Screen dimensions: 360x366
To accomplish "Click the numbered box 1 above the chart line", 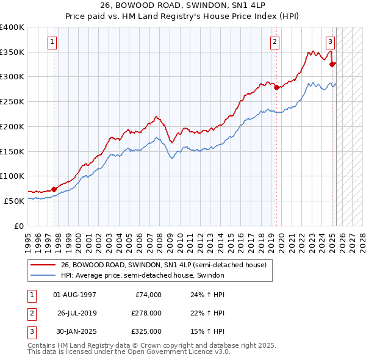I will [53, 42].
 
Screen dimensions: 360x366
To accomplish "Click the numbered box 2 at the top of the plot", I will [275, 42].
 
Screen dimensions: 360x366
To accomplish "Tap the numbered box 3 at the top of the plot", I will [330, 42].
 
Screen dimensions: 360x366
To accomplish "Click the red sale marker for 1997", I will [54, 189].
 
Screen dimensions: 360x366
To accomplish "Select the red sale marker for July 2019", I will [276, 87].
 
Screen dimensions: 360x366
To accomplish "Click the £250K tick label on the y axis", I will [12, 101].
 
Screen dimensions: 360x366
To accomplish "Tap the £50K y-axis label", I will [15, 200].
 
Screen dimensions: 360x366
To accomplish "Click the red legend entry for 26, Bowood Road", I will [163, 265].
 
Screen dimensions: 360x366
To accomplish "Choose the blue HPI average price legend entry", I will [143, 275].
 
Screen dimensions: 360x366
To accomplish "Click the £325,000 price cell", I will [146, 331].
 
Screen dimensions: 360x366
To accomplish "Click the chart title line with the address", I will [183, 6].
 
